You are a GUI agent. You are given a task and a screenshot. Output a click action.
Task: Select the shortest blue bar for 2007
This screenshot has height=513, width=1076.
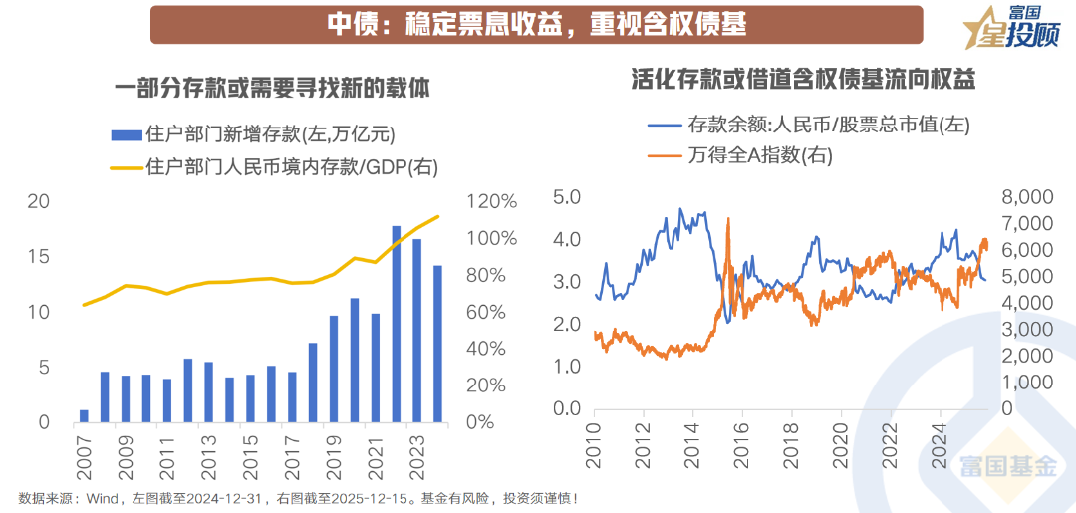pos(84,416)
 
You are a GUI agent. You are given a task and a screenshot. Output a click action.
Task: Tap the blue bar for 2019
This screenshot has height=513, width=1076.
pos(334,370)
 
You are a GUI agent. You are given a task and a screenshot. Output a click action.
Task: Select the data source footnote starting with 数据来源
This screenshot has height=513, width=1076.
pos(298,498)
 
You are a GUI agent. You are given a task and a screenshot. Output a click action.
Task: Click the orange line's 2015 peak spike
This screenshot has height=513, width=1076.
pos(729,221)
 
